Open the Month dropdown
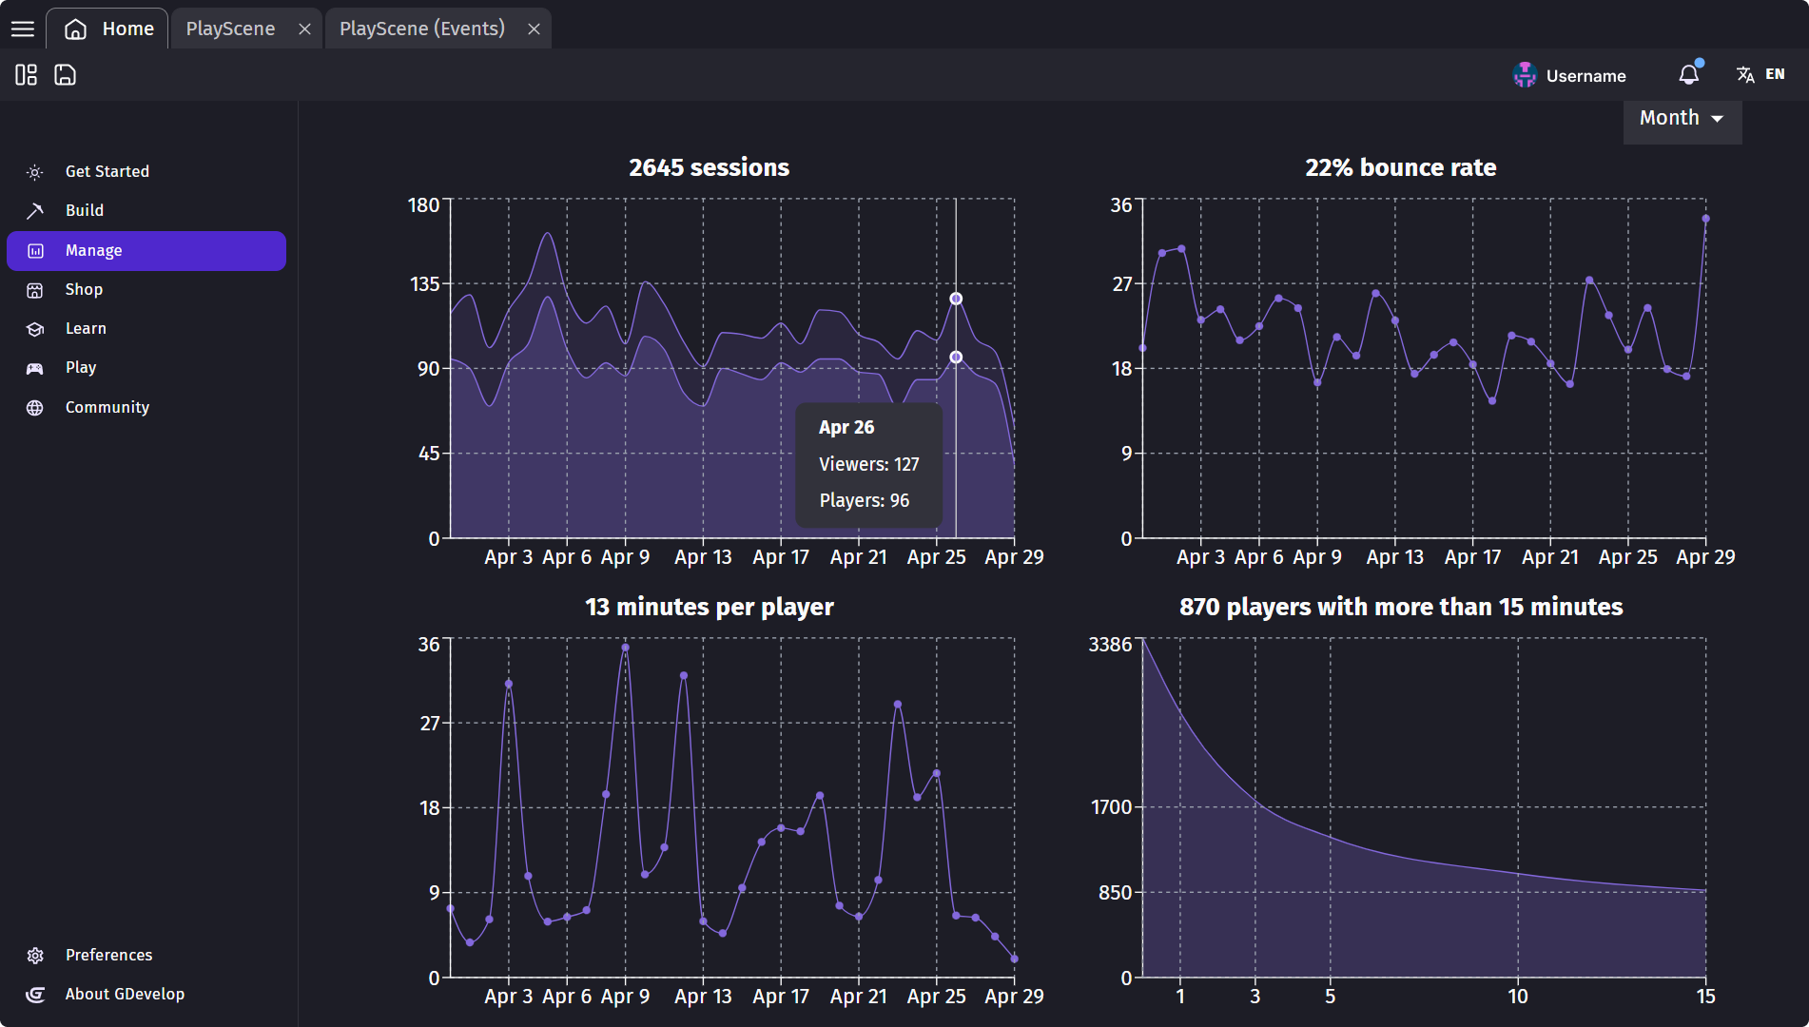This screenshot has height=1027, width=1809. coord(1682,119)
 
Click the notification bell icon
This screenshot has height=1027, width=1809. coord(1688,75)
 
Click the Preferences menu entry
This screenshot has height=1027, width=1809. coord(108,955)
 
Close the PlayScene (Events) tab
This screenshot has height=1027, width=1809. coord(535,29)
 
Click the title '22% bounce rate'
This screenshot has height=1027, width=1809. coord(1400,167)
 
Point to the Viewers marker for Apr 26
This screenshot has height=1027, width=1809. coord(956,299)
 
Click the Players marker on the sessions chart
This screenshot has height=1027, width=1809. coord(956,358)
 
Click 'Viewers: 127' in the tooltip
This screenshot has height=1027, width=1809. coord(868,464)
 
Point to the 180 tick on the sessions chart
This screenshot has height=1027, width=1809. coord(424,205)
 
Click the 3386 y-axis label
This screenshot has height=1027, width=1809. coord(1110,645)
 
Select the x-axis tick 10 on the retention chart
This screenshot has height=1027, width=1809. coord(1517,996)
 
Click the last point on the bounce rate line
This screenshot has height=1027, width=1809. coord(1705,219)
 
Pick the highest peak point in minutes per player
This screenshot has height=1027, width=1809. coord(625,648)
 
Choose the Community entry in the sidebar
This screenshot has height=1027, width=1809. coord(107,407)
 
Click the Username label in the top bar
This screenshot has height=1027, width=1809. coord(1585,76)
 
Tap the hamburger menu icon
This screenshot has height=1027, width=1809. coord(23,29)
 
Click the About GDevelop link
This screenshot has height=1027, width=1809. coord(125,994)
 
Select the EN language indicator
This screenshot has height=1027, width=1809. coord(1774,74)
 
